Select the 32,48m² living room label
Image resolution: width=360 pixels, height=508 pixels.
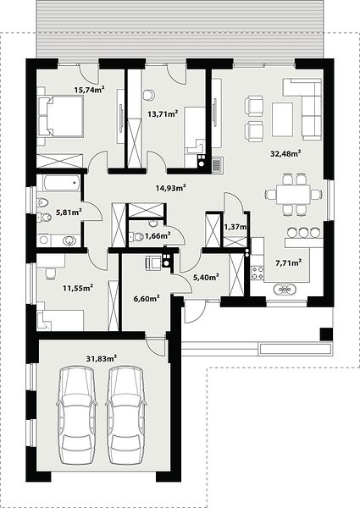point(285,153)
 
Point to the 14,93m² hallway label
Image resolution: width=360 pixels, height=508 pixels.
point(170,188)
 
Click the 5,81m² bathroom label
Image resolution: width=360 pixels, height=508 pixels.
point(69,213)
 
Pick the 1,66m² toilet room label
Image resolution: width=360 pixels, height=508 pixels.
point(158,235)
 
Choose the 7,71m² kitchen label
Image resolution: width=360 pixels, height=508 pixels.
point(288,262)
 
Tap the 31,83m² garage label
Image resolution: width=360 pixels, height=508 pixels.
point(102,358)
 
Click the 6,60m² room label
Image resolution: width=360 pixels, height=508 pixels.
point(147,298)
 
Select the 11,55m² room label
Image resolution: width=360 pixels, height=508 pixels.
point(78,287)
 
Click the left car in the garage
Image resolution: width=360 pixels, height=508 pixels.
point(77,416)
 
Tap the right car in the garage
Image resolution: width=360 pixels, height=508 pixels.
point(126,416)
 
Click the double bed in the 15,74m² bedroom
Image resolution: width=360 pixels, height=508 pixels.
point(60,117)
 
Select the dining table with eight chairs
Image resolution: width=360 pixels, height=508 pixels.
point(293,194)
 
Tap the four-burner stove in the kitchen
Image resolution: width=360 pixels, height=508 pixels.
point(258,272)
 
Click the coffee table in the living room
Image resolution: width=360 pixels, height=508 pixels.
point(282,119)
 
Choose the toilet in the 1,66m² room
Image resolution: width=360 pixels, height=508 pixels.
point(136,237)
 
